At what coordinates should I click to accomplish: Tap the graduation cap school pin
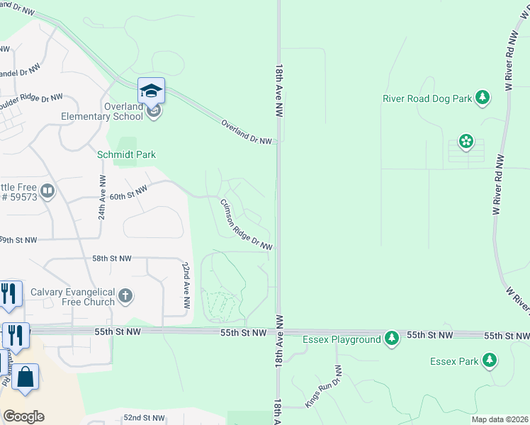point(151,91)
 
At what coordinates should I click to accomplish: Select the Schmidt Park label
point(126,154)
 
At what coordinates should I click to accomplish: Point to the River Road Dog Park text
point(427,98)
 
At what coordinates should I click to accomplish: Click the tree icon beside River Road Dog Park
point(483,97)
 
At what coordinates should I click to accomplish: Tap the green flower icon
point(466,142)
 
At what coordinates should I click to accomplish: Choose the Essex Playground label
point(342,340)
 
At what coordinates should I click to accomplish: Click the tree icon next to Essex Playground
point(392,339)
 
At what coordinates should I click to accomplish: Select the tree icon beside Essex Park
point(489,361)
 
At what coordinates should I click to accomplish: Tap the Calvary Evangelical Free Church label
point(72,297)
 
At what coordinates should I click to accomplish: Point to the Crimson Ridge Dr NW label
point(246,224)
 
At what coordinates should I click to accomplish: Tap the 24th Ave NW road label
point(102,198)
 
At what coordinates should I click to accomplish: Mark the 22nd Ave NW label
point(186,284)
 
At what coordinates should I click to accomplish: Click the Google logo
point(23,416)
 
